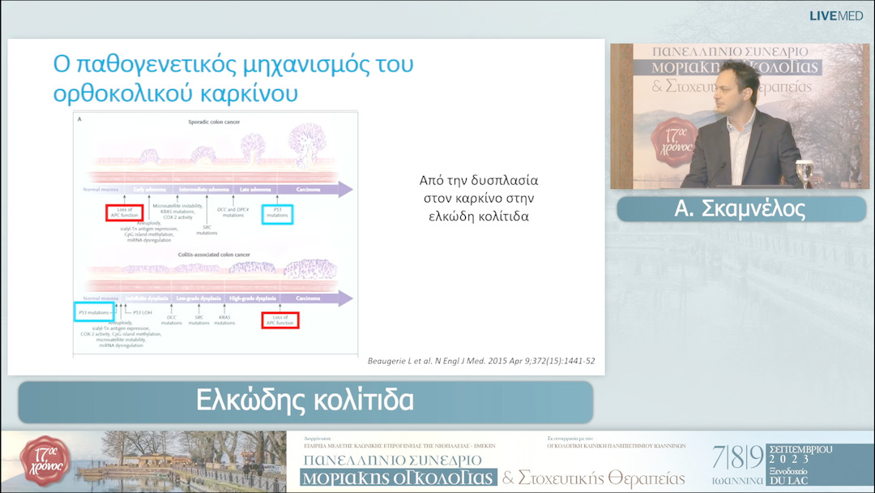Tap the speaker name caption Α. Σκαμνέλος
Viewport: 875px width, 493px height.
740,209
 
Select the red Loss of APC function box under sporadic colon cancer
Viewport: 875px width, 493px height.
124,213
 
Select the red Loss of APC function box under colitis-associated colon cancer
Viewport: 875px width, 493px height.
280,320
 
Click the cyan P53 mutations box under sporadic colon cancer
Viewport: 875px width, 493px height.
278,214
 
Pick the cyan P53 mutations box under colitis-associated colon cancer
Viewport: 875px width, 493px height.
94,311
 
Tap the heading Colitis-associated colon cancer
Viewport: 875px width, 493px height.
214,255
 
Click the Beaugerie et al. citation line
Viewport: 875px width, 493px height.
480,360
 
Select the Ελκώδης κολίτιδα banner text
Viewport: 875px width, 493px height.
305,401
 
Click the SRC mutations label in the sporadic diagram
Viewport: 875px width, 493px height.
207,229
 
